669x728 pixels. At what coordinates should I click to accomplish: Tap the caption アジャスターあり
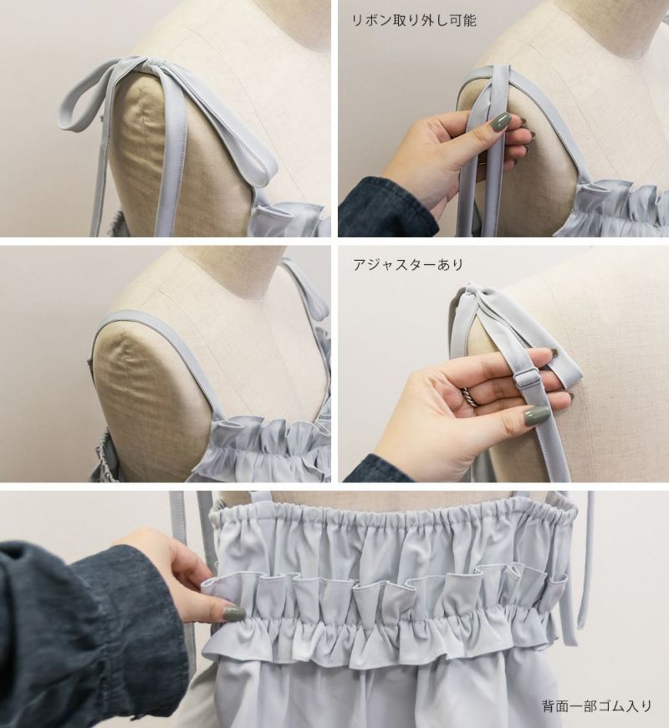(x=408, y=264)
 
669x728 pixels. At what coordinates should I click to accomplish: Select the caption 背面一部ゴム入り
(x=596, y=706)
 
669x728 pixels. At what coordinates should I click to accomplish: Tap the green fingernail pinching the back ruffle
(x=233, y=613)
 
